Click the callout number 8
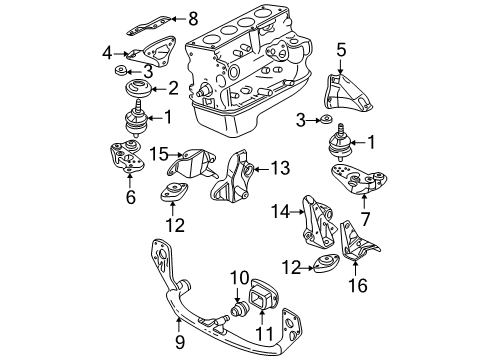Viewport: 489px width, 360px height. [x=193, y=19]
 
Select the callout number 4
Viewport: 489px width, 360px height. [x=107, y=53]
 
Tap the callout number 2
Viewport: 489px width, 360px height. [x=173, y=89]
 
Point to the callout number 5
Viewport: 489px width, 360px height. [x=341, y=50]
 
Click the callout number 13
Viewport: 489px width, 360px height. [x=280, y=168]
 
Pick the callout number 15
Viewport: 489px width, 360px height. [x=159, y=154]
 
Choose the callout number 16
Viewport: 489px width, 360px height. [x=358, y=285]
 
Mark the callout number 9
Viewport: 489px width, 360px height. [x=180, y=342]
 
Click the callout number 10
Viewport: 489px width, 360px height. [x=240, y=277]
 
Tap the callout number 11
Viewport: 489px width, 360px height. [x=264, y=333]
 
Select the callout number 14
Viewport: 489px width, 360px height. [x=280, y=211]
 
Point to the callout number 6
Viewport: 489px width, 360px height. [x=131, y=197]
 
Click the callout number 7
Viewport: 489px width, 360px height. [x=365, y=219]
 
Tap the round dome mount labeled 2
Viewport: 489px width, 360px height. [x=138, y=88]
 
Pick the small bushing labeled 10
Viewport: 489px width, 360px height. [x=239, y=310]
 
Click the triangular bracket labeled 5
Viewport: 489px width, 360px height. [x=347, y=93]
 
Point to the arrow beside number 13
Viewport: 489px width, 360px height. [x=262, y=169]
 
